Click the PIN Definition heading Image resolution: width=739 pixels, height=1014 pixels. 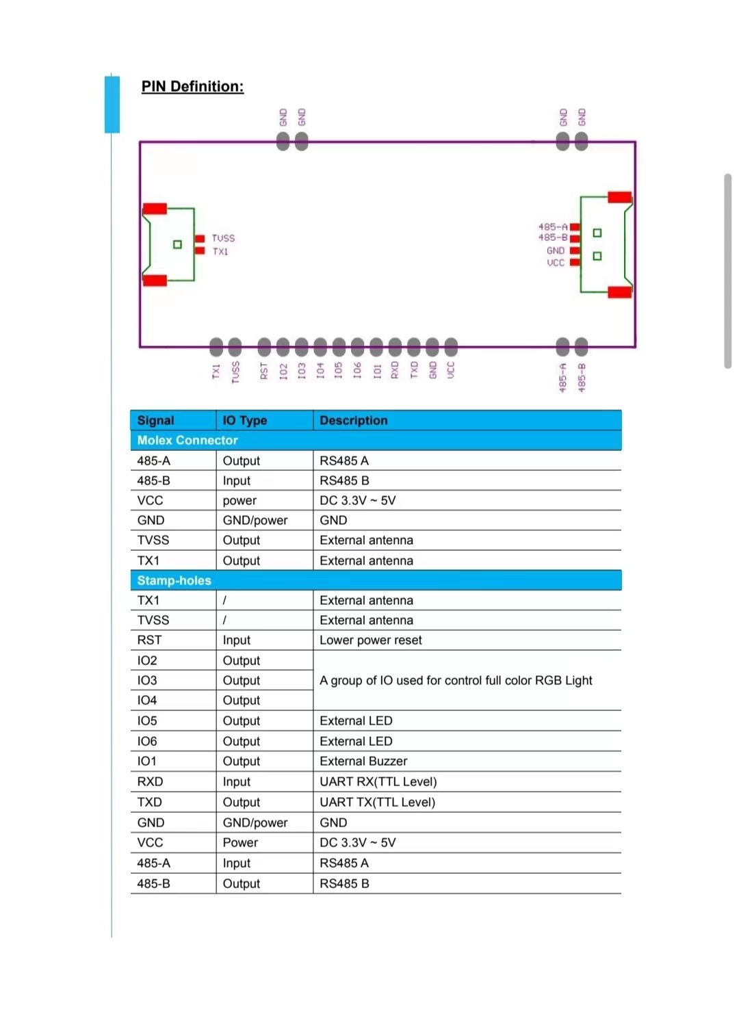192,86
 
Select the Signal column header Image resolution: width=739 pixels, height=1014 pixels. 155,420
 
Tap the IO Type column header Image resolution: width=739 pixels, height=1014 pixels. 244,420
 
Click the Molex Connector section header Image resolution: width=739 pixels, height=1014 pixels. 187,440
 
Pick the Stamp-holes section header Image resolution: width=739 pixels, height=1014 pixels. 174,580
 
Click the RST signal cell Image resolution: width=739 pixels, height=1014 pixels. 149,640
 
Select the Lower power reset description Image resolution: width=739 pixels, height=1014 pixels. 370,640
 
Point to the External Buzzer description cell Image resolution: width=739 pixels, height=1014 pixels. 363,761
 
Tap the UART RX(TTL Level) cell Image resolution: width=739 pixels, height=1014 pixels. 378,781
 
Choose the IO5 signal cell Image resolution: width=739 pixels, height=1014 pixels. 146,720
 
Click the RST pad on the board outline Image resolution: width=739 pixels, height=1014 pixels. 264,347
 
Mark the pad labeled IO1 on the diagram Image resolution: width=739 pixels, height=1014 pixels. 376,347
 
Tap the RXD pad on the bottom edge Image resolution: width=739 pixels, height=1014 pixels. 395,347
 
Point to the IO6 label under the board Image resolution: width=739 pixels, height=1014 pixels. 357,370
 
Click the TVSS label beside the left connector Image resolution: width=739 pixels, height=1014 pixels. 223,238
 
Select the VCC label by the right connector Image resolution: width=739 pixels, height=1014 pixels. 556,263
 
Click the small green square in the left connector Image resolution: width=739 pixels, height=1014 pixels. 177,244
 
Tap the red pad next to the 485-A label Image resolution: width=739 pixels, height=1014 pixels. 575,226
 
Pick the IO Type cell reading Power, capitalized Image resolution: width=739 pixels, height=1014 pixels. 240,842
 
